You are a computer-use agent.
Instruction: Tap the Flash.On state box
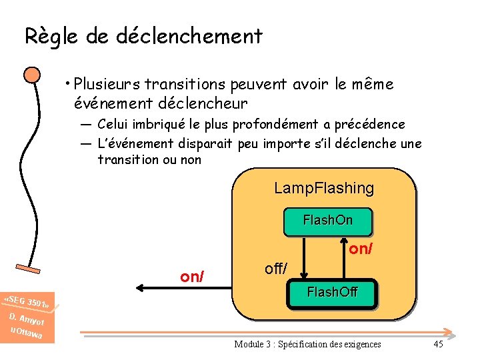(327, 221)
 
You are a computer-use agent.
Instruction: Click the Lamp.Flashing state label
(324, 189)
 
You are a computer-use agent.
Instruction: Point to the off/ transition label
(275, 269)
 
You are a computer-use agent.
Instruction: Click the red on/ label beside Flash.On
(361, 249)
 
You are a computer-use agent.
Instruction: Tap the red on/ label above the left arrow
(193, 276)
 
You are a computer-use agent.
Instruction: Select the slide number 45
(438, 344)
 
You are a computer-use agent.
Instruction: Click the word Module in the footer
(248, 344)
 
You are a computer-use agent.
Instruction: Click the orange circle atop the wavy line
(31, 75)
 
